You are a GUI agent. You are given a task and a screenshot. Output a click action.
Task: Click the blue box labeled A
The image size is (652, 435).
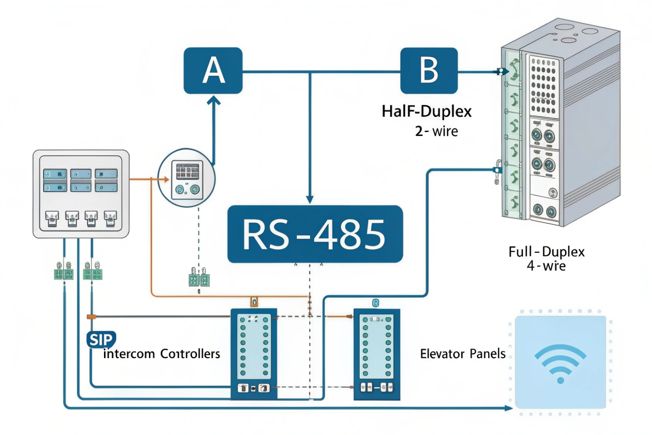[213, 70]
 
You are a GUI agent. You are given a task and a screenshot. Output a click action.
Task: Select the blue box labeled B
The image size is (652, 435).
[429, 70]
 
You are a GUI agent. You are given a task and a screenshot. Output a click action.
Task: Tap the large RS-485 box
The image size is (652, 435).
[315, 234]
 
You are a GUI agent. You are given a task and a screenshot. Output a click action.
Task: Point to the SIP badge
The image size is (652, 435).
[101, 339]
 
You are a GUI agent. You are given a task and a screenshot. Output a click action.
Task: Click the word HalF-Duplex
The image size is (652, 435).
[427, 111]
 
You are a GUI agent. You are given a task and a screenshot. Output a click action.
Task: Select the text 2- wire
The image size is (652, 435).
[436, 131]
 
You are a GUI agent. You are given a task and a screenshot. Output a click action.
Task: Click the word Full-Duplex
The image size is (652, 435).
[546, 252]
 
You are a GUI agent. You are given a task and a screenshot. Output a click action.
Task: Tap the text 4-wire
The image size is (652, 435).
[546, 266]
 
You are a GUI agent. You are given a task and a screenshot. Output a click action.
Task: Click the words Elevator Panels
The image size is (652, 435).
[462, 354]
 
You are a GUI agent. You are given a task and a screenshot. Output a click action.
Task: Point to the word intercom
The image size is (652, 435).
[129, 354]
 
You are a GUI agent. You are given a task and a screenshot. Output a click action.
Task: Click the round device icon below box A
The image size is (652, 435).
[187, 177]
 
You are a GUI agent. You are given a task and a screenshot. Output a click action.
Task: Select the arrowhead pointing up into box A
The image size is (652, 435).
[214, 101]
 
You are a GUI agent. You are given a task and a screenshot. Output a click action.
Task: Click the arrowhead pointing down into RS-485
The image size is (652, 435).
[310, 199]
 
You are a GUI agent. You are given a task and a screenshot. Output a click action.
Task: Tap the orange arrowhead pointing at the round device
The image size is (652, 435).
[166, 179]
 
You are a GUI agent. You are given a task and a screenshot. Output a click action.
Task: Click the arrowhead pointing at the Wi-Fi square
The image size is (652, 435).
[508, 408]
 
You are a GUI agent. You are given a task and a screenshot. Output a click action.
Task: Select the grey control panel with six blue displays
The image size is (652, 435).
[81, 194]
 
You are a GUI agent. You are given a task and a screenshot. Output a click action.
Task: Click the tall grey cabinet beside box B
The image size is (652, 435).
[561, 122]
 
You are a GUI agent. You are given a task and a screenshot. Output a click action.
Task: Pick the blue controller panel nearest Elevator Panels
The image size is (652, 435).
[377, 354]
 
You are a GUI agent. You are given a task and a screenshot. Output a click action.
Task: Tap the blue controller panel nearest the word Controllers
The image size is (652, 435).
[253, 354]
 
